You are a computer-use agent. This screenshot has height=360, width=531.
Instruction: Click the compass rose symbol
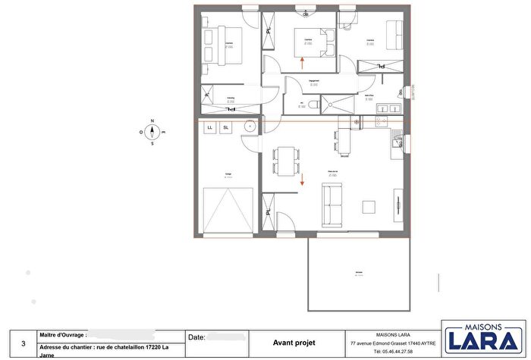click(152, 131)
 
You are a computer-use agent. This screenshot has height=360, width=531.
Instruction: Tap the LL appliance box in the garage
click(210, 127)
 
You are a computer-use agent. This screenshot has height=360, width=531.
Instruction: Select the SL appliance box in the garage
click(225, 127)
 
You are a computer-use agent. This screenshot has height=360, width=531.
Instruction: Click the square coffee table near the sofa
click(369, 207)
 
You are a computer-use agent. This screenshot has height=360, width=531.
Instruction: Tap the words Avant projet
click(294, 343)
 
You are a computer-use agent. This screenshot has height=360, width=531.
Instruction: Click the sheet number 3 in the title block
click(23, 343)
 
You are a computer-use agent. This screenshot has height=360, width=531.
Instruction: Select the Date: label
click(195, 337)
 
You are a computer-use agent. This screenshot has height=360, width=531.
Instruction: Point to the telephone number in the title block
click(394, 352)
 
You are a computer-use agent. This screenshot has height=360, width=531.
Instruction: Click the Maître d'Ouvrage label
click(62, 333)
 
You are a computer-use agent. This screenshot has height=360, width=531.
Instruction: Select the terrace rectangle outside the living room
click(358, 274)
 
